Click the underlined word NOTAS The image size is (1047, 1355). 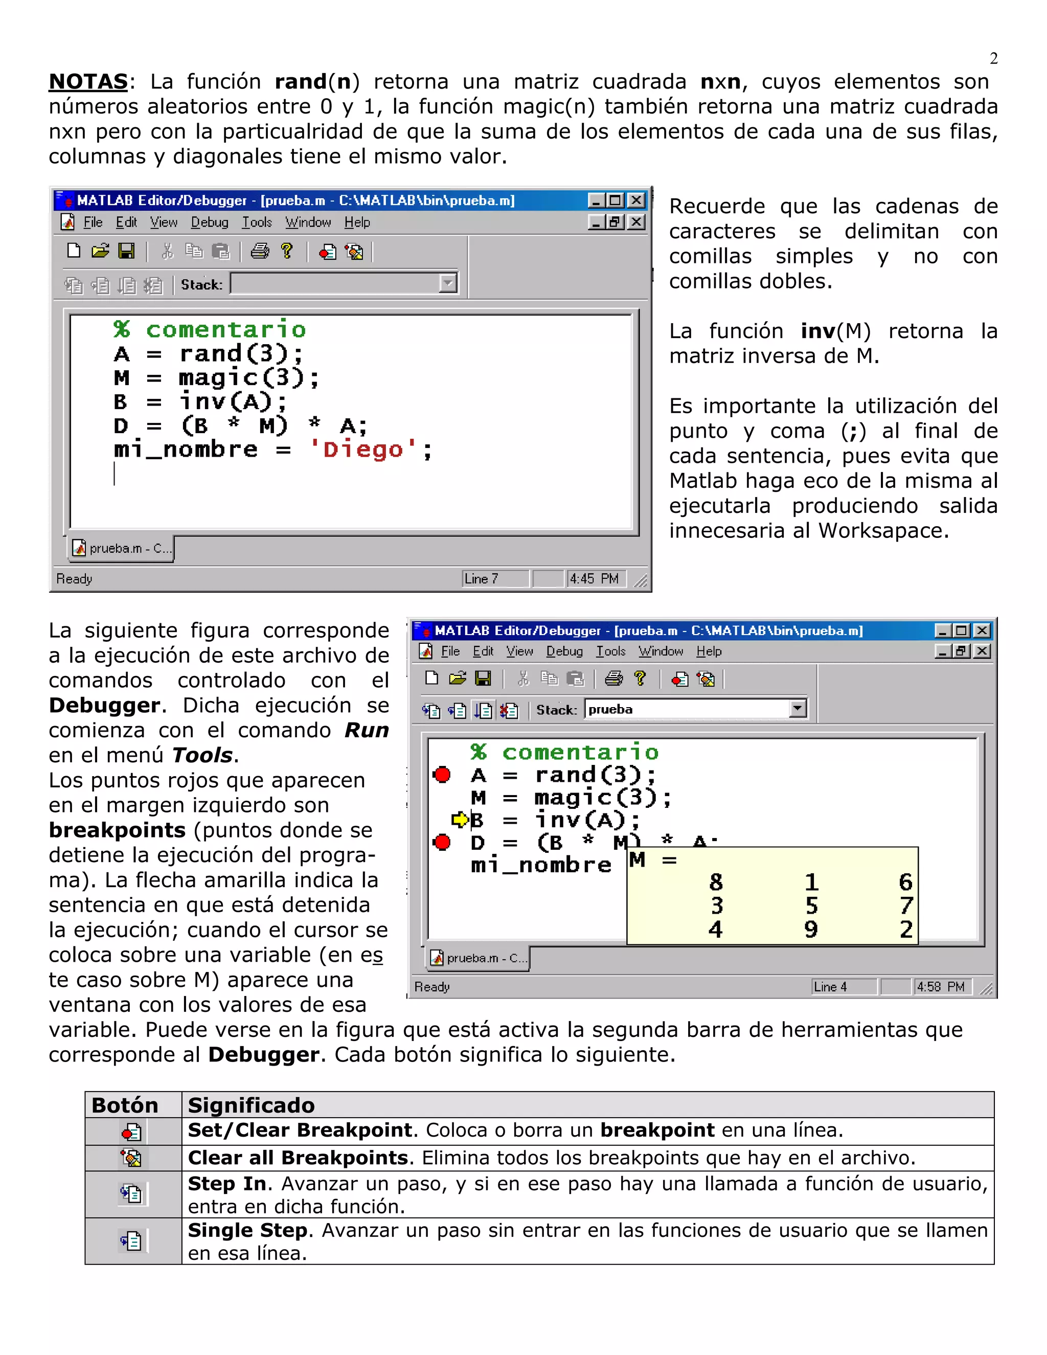click(x=88, y=82)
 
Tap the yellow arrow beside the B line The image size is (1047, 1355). click(x=460, y=820)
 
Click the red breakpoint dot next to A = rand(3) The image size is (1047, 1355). click(x=442, y=775)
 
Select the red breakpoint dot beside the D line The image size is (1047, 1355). click(x=442, y=843)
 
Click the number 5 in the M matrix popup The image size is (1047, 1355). click(x=811, y=906)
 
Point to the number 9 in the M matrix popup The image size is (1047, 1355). click(x=811, y=930)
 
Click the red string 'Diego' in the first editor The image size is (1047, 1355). click(x=363, y=449)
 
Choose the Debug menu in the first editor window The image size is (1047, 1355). click(x=209, y=222)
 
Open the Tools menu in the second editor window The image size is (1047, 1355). click(x=611, y=651)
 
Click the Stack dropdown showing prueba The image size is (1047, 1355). click(x=695, y=709)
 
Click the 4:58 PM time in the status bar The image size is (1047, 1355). click(x=940, y=986)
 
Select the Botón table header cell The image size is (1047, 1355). click(x=125, y=1105)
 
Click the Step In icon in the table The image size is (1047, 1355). click(x=131, y=1194)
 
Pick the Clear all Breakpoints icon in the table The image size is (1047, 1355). click(x=131, y=1158)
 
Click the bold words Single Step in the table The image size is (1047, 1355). click(x=247, y=1230)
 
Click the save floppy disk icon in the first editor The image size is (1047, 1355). click(x=127, y=251)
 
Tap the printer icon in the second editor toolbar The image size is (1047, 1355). click(x=613, y=679)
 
